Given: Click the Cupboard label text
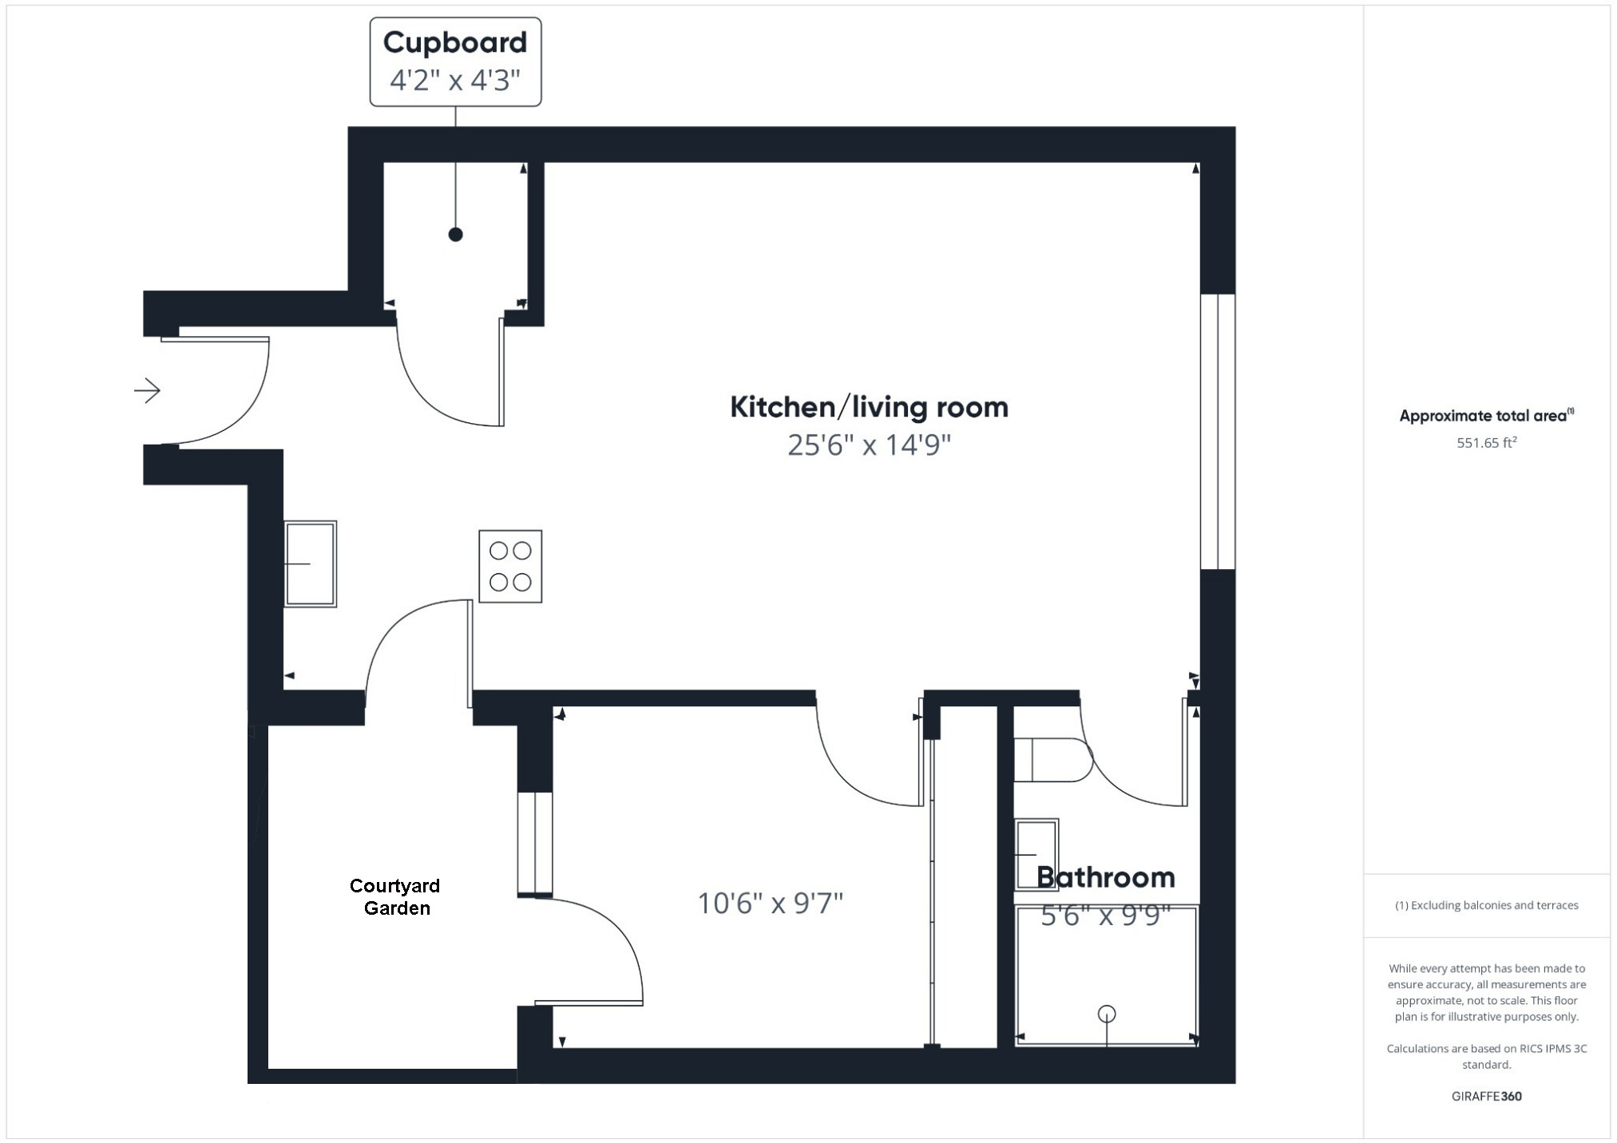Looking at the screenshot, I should pyautogui.click(x=454, y=42).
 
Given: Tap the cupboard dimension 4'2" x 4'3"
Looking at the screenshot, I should pyautogui.click(x=454, y=81).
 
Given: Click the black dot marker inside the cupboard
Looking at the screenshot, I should pyautogui.click(x=455, y=235).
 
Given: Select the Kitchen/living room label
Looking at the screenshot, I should pyautogui.click(x=869, y=407).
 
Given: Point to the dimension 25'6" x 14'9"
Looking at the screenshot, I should pyautogui.click(x=869, y=445).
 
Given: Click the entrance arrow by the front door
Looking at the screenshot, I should pyautogui.click(x=148, y=390).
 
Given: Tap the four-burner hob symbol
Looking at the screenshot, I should pyautogui.click(x=510, y=566).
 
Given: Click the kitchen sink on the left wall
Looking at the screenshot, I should pyautogui.click(x=311, y=564).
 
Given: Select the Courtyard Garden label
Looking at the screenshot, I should pyautogui.click(x=395, y=896).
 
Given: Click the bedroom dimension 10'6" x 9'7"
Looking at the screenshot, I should pyautogui.click(x=770, y=904).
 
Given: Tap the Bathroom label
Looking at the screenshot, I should pyautogui.click(x=1105, y=877).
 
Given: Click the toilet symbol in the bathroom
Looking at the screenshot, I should pyautogui.click(x=1052, y=760).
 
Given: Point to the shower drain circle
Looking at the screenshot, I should pyautogui.click(x=1106, y=1014).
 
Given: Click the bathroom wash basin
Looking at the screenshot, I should pyautogui.click(x=1036, y=854).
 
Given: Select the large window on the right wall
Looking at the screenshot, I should pyautogui.click(x=1218, y=431).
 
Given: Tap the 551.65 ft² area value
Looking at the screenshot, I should pyautogui.click(x=1486, y=442).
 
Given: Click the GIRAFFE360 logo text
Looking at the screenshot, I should pyautogui.click(x=1486, y=1096).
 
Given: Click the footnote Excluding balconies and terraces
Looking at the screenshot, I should pyautogui.click(x=1486, y=905).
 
